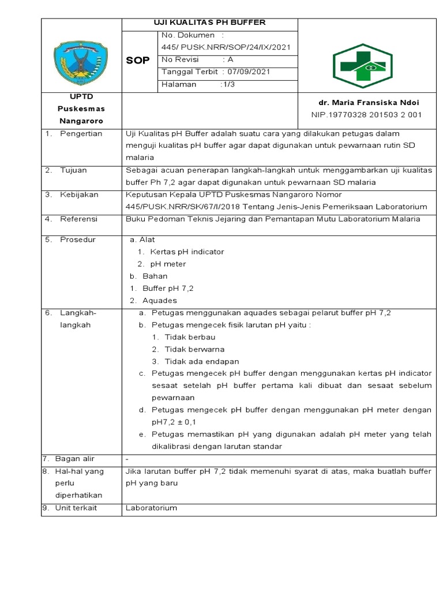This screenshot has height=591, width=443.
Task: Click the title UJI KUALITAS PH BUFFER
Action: click(x=209, y=23)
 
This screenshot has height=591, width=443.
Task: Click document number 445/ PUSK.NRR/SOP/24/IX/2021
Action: click(x=226, y=47)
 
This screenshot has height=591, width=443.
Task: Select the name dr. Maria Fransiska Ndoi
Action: click(x=366, y=103)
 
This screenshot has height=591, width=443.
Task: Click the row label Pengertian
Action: click(x=81, y=133)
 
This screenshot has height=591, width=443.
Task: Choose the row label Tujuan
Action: click(x=73, y=170)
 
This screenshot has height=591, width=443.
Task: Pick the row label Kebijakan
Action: click(x=79, y=194)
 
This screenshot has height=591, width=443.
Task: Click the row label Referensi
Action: click(x=79, y=219)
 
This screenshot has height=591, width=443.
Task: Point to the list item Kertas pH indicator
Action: click(x=187, y=252)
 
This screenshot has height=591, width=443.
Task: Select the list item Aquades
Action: click(x=160, y=300)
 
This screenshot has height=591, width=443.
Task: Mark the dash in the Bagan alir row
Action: click(x=127, y=459)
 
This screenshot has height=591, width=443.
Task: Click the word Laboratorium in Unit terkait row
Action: click(x=151, y=508)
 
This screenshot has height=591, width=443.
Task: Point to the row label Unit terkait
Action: click(x=76, y=508)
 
